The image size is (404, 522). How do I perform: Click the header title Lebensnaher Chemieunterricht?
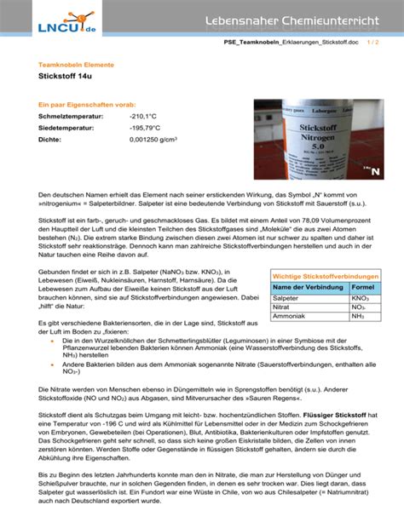point(295,19)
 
